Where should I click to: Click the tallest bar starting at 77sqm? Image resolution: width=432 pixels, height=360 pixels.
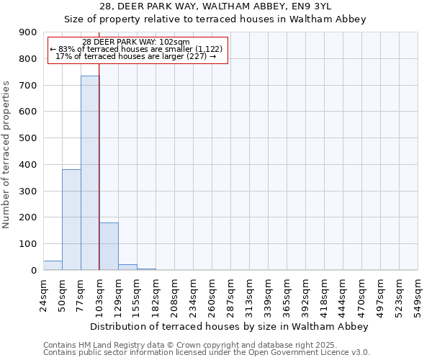tap(90, 173)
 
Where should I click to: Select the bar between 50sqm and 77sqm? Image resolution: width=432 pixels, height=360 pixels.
tap(71, 220)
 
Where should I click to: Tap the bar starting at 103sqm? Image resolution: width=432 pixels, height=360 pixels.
tap(109, 246)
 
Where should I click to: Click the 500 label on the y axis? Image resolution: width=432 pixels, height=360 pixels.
tap(28, 138)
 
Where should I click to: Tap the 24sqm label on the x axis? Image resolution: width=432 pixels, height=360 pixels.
tap(44, 293)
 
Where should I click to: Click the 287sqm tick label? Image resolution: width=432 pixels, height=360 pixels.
tap(231, 295)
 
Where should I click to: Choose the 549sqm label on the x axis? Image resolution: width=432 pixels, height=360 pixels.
tap(418, 295)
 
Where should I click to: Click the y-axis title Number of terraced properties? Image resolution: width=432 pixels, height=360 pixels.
tap(6, 154)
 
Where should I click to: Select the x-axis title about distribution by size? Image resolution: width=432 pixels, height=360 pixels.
tap(230, 326)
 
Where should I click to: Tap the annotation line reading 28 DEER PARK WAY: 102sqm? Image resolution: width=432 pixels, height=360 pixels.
tap(136, 42)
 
